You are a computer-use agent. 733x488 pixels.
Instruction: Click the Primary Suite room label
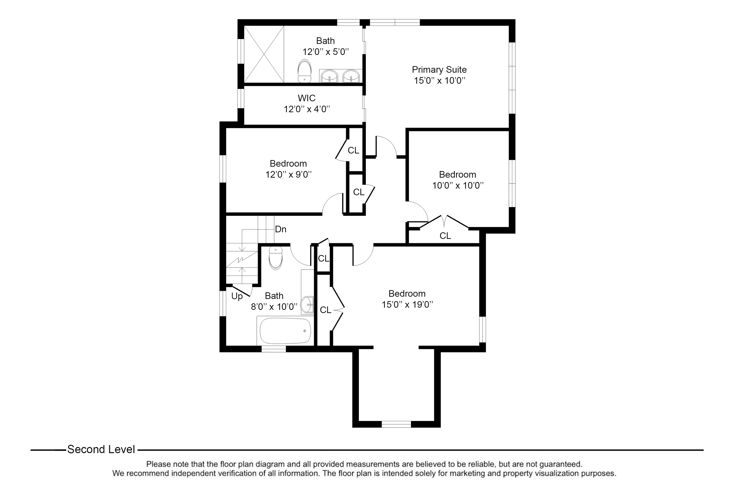(439, 70)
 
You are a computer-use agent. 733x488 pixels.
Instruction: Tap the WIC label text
(307, 98)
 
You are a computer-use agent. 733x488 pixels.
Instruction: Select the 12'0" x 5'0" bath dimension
(326, 52)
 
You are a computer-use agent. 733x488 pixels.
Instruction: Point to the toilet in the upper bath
(304, 71)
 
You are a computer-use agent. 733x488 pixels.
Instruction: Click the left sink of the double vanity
(329, 76)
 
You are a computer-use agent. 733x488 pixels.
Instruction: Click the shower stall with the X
(264, 54)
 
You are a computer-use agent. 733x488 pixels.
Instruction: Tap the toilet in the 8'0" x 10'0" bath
(276, 258)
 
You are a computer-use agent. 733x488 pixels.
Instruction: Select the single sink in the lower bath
(308, 305)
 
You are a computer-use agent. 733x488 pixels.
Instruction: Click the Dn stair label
(280, 229)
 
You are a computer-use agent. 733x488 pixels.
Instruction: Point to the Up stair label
(237, 296)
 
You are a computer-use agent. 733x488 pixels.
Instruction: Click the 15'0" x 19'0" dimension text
(407, 304)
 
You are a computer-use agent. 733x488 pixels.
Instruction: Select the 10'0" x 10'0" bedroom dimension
(458, 185)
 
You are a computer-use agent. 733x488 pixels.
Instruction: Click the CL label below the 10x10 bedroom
(445, 236)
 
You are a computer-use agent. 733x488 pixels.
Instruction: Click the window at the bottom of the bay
(396, 424)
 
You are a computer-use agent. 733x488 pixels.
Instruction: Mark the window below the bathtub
(274, 349)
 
